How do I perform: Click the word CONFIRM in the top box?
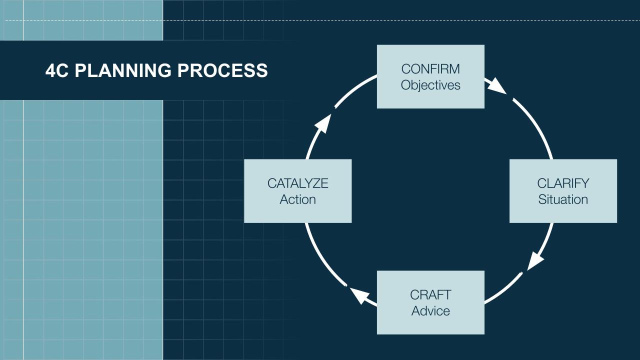click(430, 69)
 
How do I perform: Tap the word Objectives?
click(430, 85)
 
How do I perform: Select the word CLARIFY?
click(563, 183)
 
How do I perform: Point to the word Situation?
click(563, 199)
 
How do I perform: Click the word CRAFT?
click(430, 294)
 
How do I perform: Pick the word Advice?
click(430, 311)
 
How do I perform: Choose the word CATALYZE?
click(297, 183)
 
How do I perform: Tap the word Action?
click(297, 199)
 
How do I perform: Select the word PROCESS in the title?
click(222, 70)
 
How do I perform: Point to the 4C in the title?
click(56, 70)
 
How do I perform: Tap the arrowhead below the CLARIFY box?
click(535, 260)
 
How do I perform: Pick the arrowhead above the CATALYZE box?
click(324, 123)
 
